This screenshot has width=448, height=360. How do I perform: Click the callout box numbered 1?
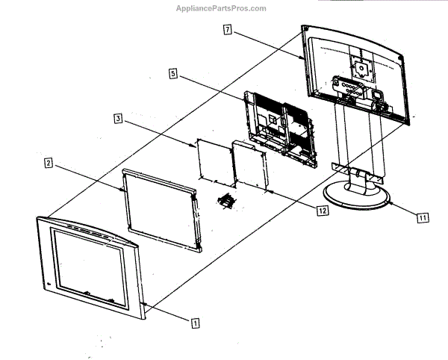coord(195,323)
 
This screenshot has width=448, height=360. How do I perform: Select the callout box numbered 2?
coord(48,162)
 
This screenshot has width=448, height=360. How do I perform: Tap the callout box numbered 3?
coord(119,118)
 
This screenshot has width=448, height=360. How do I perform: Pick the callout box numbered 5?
coord(172,74)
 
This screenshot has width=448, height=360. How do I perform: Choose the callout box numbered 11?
coord(422,218)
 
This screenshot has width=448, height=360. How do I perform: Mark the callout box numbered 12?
coord(322,211)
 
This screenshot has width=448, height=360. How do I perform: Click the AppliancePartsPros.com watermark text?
coord(220,8)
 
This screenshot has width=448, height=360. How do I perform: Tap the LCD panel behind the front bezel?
coord(161,208)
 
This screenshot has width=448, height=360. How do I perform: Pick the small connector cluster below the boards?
coord(225,201)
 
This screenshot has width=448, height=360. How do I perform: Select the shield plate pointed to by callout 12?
coord(251,166)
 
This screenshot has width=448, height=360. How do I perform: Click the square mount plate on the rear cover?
coord(361,66)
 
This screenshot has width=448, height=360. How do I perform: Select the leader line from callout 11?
coord(402,208)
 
